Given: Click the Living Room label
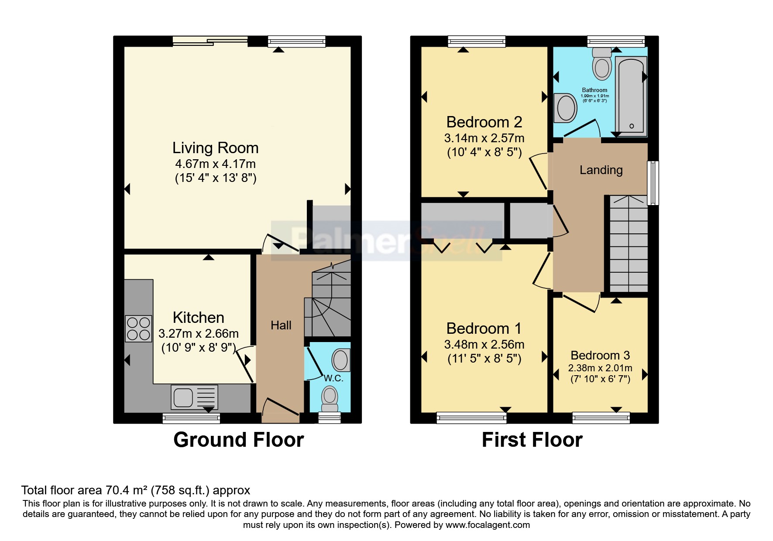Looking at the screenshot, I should point(215,148).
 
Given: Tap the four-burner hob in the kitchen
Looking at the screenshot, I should point(138,329).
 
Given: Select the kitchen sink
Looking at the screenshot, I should point(194,397).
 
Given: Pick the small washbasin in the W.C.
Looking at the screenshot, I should point(340,360).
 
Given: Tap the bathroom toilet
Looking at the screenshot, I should point(602,64).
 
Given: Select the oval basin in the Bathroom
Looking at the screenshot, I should point(567,108).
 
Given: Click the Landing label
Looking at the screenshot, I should point(601,170).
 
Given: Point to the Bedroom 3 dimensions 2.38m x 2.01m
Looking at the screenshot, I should point(600,368).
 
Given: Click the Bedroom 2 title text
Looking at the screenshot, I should point(484,122).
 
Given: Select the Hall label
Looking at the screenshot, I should point(281,325).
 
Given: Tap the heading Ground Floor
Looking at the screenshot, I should point(238,440).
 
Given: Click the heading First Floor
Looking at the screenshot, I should point(532,440).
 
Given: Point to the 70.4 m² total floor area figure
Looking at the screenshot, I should point(126,490).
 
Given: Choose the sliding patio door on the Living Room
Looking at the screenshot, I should point(210,41).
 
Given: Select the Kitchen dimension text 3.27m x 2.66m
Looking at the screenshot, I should point(198,334).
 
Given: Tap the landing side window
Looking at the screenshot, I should point(653,183).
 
